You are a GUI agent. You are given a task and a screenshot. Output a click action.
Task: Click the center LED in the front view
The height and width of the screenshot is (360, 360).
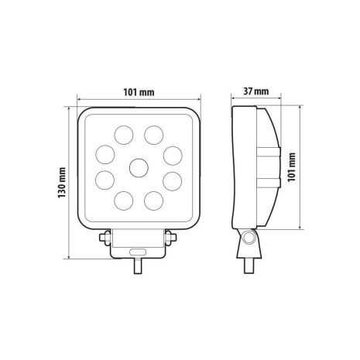coord(139,166)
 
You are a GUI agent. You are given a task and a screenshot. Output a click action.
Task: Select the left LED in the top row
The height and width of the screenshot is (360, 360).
coord(124,136)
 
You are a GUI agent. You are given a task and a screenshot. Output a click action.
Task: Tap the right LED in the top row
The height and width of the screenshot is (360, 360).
coord(155,136)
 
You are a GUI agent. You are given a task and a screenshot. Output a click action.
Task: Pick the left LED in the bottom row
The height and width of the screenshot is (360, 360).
coord(124,200)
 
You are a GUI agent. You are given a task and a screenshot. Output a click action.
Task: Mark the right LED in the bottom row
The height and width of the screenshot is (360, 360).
coord(155,200)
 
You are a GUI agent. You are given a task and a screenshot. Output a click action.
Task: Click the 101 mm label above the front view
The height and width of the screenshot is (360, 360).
coord(139,92)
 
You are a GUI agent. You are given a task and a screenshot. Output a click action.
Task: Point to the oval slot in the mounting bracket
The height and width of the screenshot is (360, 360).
coord(139,252)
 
